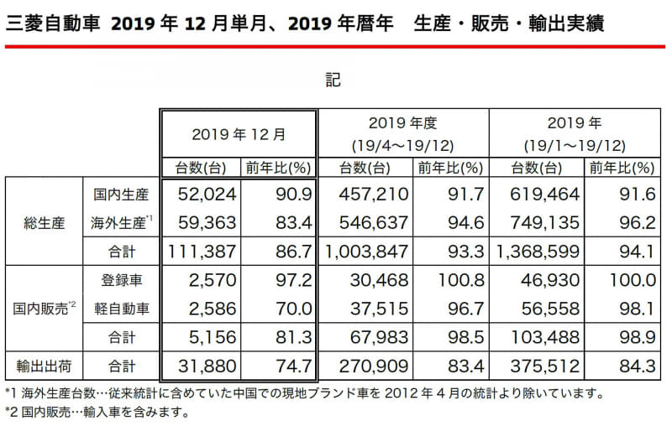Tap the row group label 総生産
(42, 222)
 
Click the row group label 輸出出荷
(42, 366)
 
